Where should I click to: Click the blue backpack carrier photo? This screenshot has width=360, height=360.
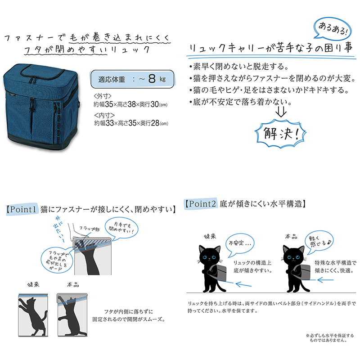(x=41, y=107)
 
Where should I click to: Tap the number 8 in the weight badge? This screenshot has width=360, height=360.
(x=152, y=79)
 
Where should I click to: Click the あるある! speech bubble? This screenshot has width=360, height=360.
(x=333, y=29)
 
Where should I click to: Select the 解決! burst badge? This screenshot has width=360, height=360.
(x=280, y=133)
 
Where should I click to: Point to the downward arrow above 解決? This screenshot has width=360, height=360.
(x=281, y=112)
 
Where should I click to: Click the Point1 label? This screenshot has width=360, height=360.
(x=21, y=209)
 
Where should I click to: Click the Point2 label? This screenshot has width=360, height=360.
(x=201, y=204)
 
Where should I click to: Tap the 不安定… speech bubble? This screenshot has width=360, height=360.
(x=240, y=244)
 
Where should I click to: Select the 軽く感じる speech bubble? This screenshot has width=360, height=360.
(x=319, y=242)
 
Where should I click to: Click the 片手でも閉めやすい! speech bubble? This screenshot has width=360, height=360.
(x=121, y=228)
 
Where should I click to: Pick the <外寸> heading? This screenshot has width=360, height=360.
(x=103, y=96)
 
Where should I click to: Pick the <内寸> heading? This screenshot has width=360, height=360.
(x=104, y=115)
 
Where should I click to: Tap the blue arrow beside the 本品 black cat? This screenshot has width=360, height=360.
(x=325, y=280)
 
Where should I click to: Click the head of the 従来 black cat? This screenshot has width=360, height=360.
(x=210, y=255)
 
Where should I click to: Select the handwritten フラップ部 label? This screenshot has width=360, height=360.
(x=89, y=229)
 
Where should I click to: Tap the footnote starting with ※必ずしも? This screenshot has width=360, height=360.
(x=330, y=338)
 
